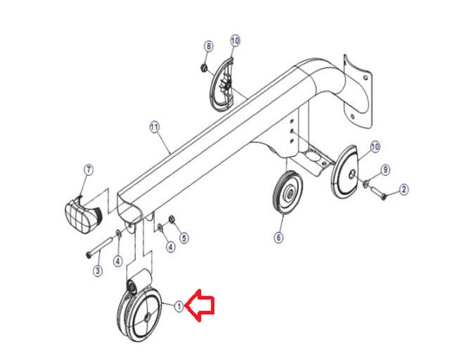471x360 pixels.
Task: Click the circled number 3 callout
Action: pyautogui.click(x=98, y=271)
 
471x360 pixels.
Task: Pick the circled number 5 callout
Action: pyautogui.click(x=184, y=238)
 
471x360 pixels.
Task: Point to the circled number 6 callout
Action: pyautogui.click(x=279, y=238)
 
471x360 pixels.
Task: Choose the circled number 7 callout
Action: pyautogui.click(x=88, y=170)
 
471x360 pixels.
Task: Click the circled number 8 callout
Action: pyautogui.click(x=209, y=46)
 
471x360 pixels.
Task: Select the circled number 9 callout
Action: pyautogui.click(x=385, y=170)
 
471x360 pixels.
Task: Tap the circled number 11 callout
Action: pyautogui.click(x=155, y=128)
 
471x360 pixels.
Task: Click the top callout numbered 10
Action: pyautogui.click(x=235, y=41)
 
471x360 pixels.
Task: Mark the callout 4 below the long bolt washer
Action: pyautogui.click(x=118, y=261)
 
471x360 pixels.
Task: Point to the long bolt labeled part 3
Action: pyautogui.click(x=99, y=246)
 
